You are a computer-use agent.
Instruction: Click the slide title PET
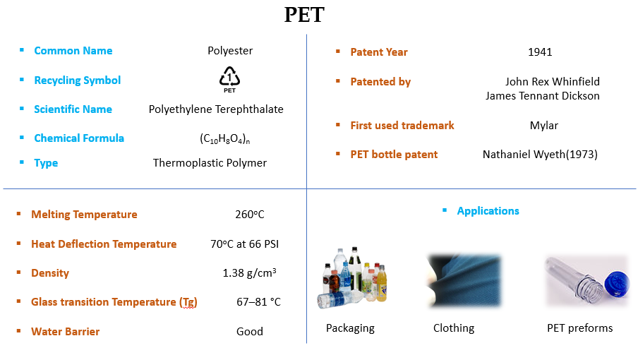tap(304, 15)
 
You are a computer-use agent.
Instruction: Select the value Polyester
tap(230, 51)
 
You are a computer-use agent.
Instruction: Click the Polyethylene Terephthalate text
tap(216, 109)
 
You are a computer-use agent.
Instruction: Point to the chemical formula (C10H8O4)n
tap(225, 139)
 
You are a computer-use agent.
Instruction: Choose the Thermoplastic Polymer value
tap(210, 163)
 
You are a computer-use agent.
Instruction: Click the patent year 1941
tap(540, 52)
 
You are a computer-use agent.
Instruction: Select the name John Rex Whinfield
tap(552, 82)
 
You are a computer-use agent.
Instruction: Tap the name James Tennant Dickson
tap(542, 96)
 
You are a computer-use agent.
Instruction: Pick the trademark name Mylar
tap(543, 126)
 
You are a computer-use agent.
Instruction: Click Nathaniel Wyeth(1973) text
tap(540, 155)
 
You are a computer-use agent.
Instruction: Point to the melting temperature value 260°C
tap(250, 215)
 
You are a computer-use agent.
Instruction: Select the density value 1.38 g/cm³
tap(249, 273)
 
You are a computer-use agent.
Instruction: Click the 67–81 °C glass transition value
tap(258, 302)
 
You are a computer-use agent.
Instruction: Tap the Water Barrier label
tap(66, 332)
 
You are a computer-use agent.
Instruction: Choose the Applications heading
tap(488, 211)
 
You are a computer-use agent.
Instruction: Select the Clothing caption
tap(454, 328)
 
